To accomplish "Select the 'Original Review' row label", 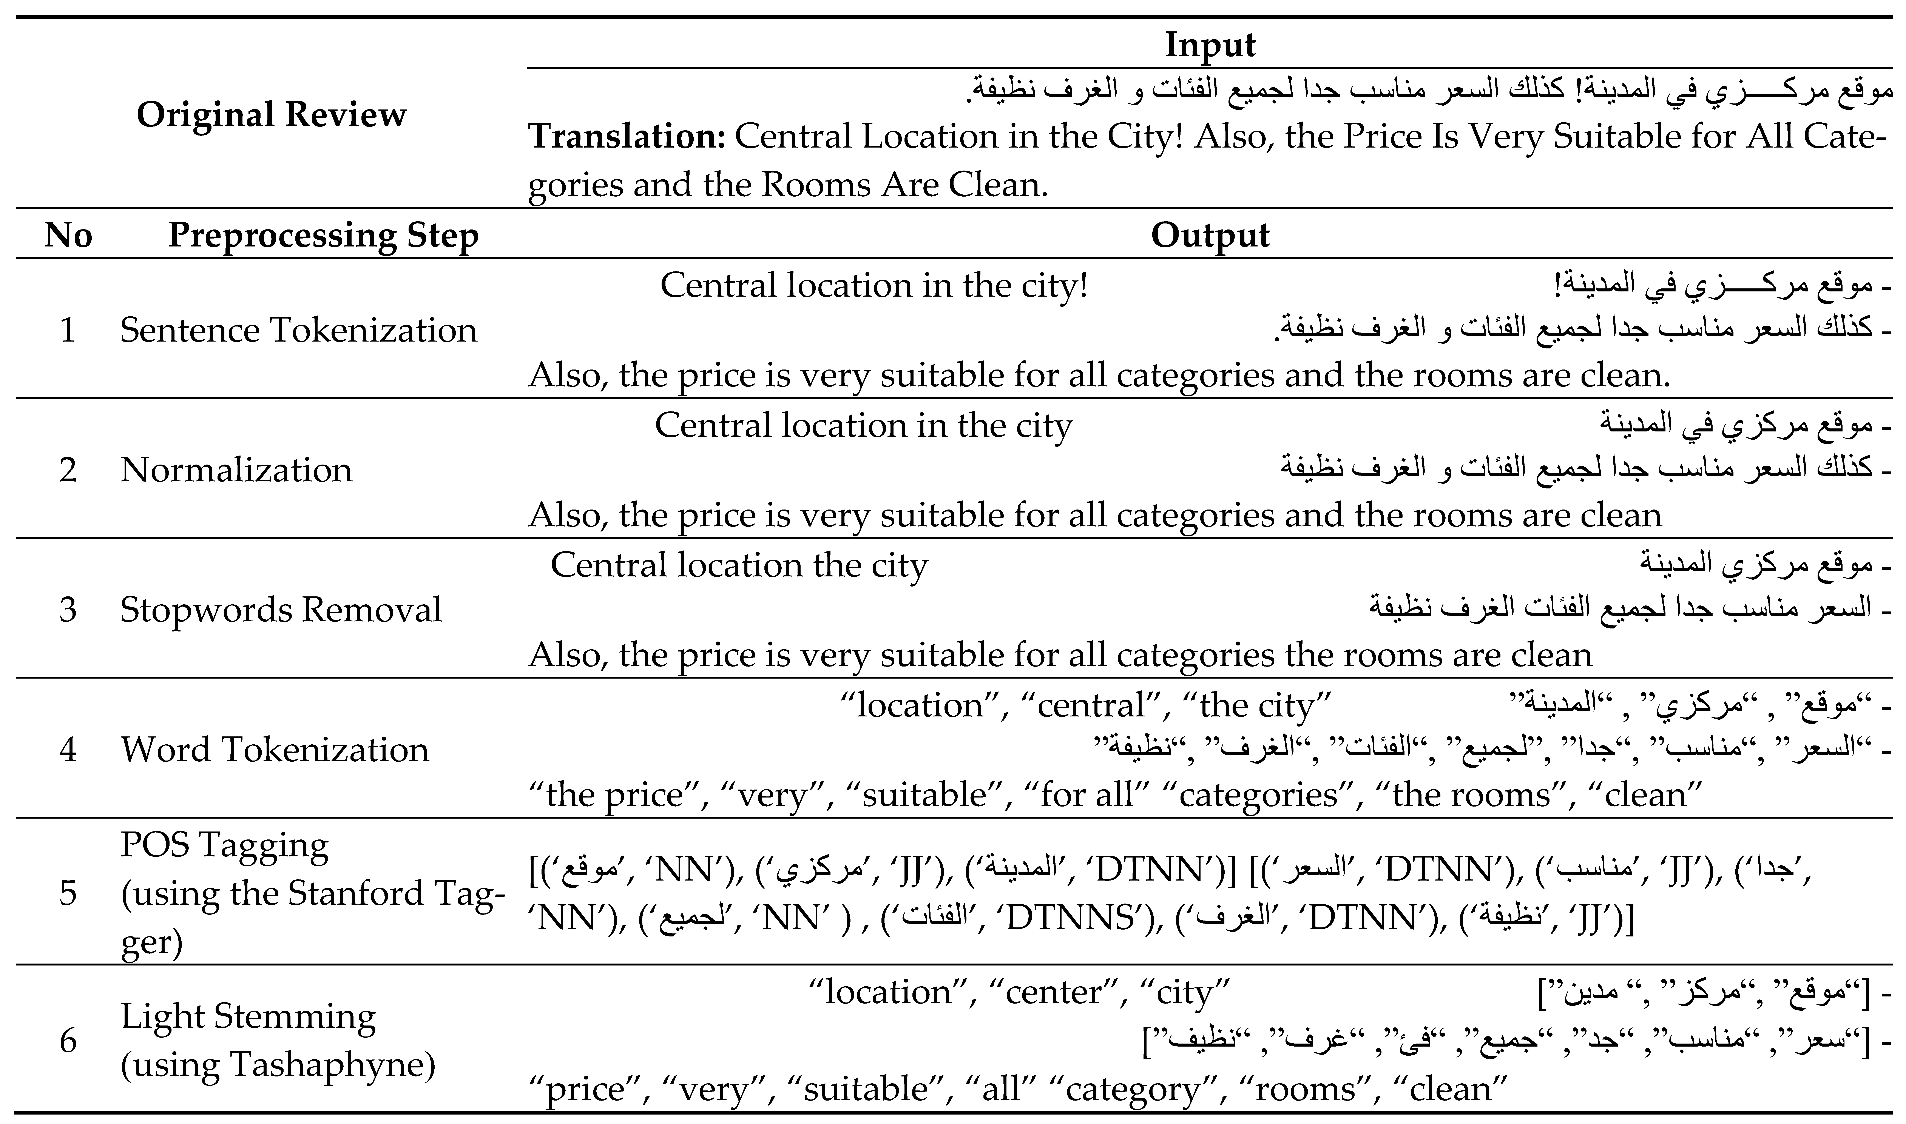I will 271,115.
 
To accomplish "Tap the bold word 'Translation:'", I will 627,137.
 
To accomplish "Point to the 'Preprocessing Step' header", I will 323,236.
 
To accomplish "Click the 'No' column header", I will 68,236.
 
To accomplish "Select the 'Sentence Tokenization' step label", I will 298,330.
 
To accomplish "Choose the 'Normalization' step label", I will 236,470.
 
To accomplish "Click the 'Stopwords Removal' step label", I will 280,610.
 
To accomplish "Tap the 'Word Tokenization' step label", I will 274,750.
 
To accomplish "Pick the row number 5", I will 68,894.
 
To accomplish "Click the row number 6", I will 68,1041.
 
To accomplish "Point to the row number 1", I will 68,330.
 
